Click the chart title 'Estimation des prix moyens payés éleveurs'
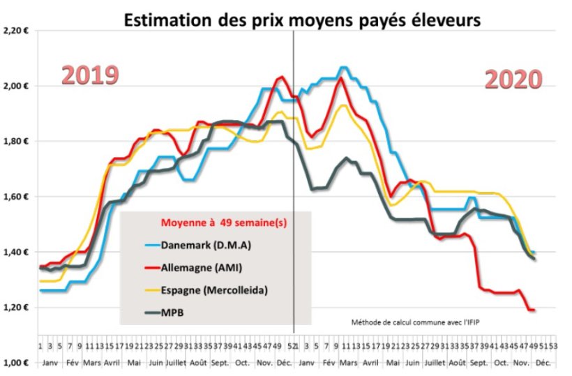(303, 20)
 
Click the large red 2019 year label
(90, 76)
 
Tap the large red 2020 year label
(513, 80)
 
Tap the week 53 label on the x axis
(552, 345)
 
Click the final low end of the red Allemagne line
(534, 310)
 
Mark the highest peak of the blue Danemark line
(343, 68)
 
